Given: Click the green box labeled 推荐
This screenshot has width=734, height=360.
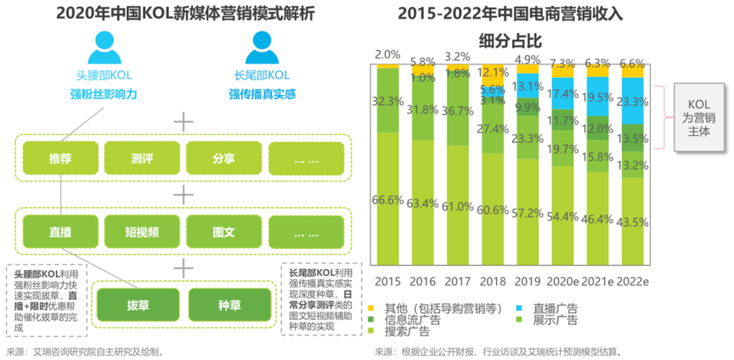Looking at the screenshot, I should coord(60,158).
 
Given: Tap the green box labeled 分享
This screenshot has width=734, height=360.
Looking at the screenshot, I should coord(223,158).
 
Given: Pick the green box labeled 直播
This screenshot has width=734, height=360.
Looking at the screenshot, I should coord(60,230).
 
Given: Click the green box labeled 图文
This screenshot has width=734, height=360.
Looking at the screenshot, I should coord(223,230).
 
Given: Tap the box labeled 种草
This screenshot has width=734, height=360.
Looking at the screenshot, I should coord(225,304).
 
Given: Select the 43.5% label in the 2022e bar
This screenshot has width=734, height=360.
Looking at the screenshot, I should coord(633,222).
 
